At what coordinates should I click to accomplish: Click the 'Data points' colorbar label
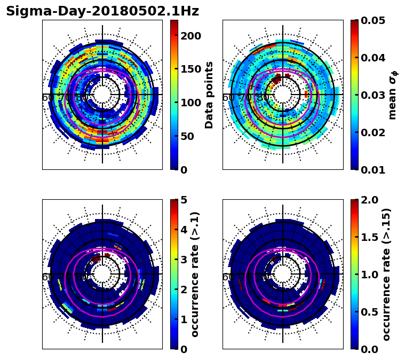(209, 95)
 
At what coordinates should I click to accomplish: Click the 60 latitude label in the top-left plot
(47, 98)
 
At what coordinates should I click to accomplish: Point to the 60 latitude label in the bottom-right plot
(227, 278)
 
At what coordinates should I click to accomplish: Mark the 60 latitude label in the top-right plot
(227, 98)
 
